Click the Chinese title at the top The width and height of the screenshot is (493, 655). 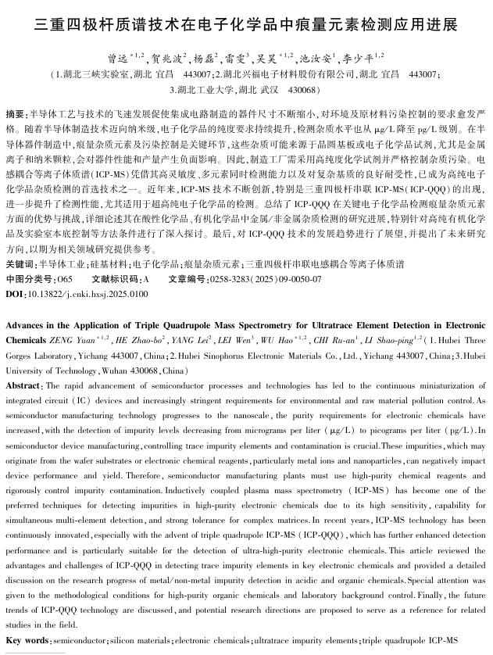[x=246, y=24]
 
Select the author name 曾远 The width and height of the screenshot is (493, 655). [x=118, y=59]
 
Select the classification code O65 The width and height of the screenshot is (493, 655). [x=65, y=277]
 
